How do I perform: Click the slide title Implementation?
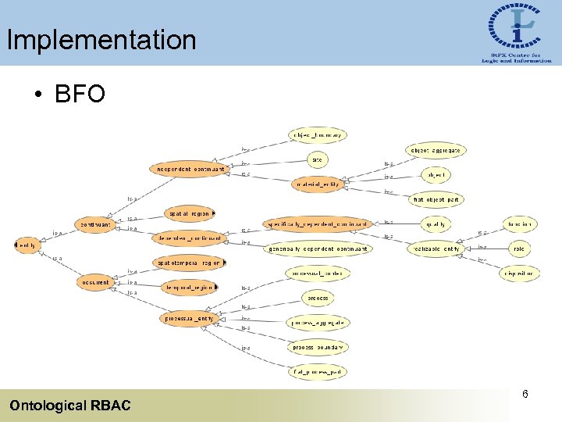[101, 40]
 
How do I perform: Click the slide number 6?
[525, 395]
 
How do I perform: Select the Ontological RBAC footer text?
[70, 405]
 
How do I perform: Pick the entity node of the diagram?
[27, 245]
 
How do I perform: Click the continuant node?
[95, 224]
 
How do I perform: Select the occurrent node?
[95, 282]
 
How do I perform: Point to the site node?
[317, 159]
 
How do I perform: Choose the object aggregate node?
[436, 150]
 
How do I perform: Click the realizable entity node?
[436, 249]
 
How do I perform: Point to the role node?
[518, 249]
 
